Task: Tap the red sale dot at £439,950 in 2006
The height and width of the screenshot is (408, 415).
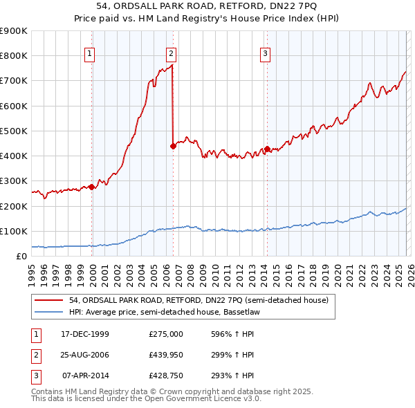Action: [x=173, y=145]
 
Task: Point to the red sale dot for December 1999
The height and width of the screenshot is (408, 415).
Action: [x=92, y=187]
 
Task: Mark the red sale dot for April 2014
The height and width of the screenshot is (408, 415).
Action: [x=266, y=148]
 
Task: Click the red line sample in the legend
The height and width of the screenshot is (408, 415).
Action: [x=49, y=300]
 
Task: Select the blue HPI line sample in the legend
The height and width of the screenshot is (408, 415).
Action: [x=49, y=312]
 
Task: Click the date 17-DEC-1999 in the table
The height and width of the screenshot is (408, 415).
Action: [x=85, y=334]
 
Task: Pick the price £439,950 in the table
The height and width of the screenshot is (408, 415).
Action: [x=165, y=355]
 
